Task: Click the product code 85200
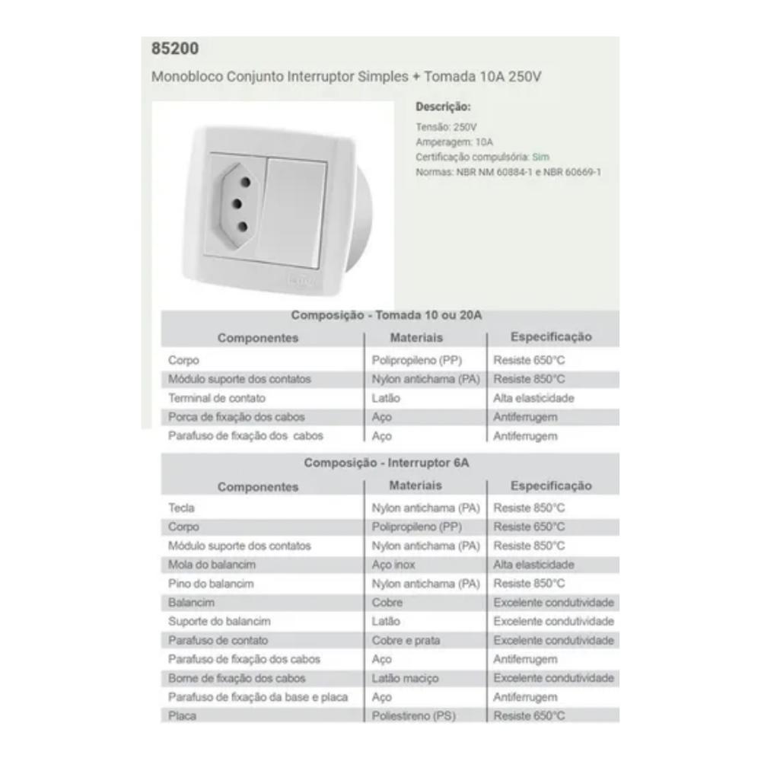(x=175, y=49)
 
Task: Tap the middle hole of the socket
(x=237, y=204)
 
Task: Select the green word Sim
(x=540, y=158)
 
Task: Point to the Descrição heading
(x=443, y=107)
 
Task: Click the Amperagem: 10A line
(x=454, y=142)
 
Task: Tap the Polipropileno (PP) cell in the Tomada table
(x=417, y=360)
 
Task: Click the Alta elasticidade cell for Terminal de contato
(x=533, y=398)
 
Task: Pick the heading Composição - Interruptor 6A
(x=392, y=463)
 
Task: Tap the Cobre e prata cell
(x=406, y=641)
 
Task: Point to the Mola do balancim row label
(x=212, y=565)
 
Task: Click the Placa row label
(x=182, y=716)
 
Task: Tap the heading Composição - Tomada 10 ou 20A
(x=387, y=315)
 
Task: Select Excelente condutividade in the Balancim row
(x=553, y=603)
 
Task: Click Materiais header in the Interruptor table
(x=416, y=486)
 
